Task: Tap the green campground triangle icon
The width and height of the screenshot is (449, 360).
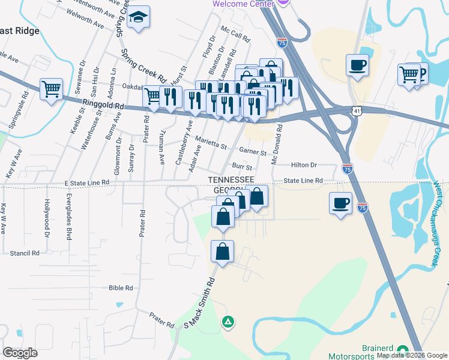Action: (x=228, y=322)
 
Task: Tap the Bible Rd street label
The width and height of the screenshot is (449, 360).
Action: (x=121, y=288)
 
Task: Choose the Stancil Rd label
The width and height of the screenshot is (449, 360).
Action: (x=25, y=253)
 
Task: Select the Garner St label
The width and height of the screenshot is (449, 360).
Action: (x=252, y=152)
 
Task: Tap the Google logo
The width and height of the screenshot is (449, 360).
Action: (x=20, y=353)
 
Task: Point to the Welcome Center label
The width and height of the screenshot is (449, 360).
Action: (x=244, y=4)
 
